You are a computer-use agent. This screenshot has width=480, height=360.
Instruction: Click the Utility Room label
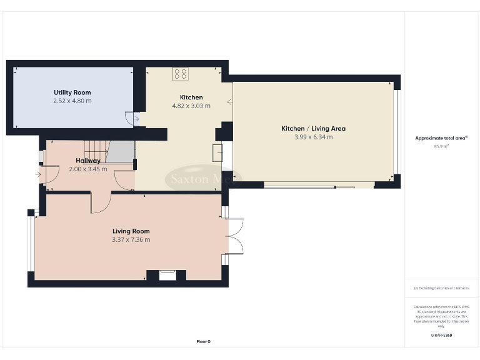[x=72, y=92]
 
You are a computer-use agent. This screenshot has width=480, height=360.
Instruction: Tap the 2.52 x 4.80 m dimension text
[x=72, y=101]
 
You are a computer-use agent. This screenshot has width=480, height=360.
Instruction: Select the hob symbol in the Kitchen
[x=181, y=74]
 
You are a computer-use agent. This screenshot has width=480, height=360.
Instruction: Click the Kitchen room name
[x=191, y=97]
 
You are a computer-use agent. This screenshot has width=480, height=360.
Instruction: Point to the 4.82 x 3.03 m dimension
[x=191, y=106]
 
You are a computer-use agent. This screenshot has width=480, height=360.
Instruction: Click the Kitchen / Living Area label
[x=313, y=129]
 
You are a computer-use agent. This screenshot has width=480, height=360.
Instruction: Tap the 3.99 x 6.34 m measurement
[x=313, y=137]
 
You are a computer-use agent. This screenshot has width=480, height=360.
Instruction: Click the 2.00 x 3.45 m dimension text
[x=87, y=169]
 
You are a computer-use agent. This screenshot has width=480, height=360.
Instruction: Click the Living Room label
[x=131, y=231]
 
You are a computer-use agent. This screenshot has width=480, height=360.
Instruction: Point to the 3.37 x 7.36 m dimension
[x=131, y=239]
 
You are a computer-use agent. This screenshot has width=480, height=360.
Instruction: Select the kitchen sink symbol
[x=217, y=152]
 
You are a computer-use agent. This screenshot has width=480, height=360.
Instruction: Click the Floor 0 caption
[x=203, y=341]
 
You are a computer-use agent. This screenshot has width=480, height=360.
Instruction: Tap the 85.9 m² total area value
[x=442, y=146]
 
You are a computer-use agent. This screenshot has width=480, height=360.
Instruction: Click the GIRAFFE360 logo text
[x=441, y=336]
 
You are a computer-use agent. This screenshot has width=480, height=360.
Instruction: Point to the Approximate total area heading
[x=442, y=138]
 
